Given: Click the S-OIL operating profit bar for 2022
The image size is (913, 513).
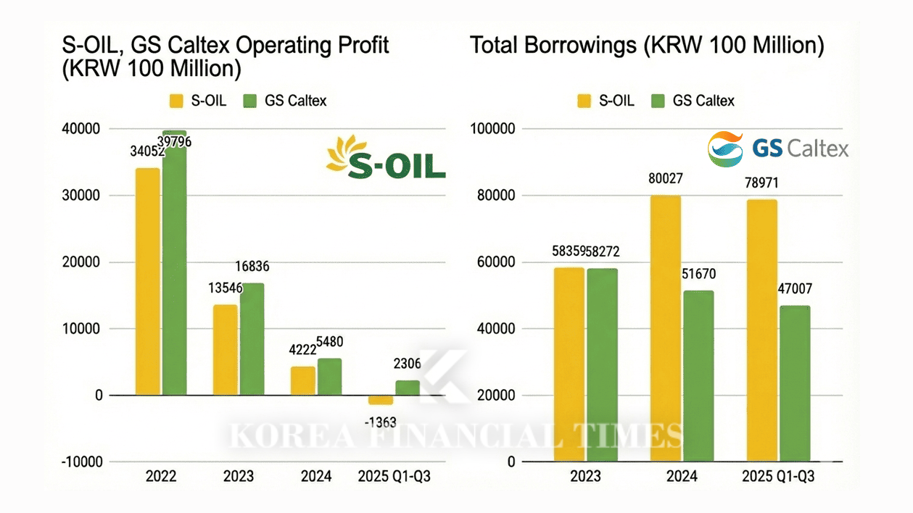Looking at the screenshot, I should [147, 282].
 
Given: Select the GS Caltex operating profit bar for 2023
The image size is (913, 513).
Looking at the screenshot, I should [252, 339].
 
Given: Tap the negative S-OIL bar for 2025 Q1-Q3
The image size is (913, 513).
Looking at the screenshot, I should [381, 400].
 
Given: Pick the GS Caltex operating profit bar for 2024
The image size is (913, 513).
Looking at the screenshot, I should [330, 377].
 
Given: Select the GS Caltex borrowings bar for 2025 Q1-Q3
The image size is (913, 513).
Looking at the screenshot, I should [795, 383].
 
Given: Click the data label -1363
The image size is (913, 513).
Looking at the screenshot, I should [380, 422].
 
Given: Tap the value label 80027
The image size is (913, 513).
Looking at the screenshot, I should [665, 179].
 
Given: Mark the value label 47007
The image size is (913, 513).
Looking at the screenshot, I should [795, 289].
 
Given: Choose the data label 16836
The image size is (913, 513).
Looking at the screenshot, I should [252, 267].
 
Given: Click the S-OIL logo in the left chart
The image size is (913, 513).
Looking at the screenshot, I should [386, 157].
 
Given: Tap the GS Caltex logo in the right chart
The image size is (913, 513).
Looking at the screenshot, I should [778, 149].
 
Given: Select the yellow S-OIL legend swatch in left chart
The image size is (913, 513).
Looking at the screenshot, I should [176, 101].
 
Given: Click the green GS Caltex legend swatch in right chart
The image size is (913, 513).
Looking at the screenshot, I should [658, 101].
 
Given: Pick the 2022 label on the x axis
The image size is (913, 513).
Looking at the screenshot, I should [160, 476].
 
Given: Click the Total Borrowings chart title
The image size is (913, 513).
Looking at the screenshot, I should [647, 46].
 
